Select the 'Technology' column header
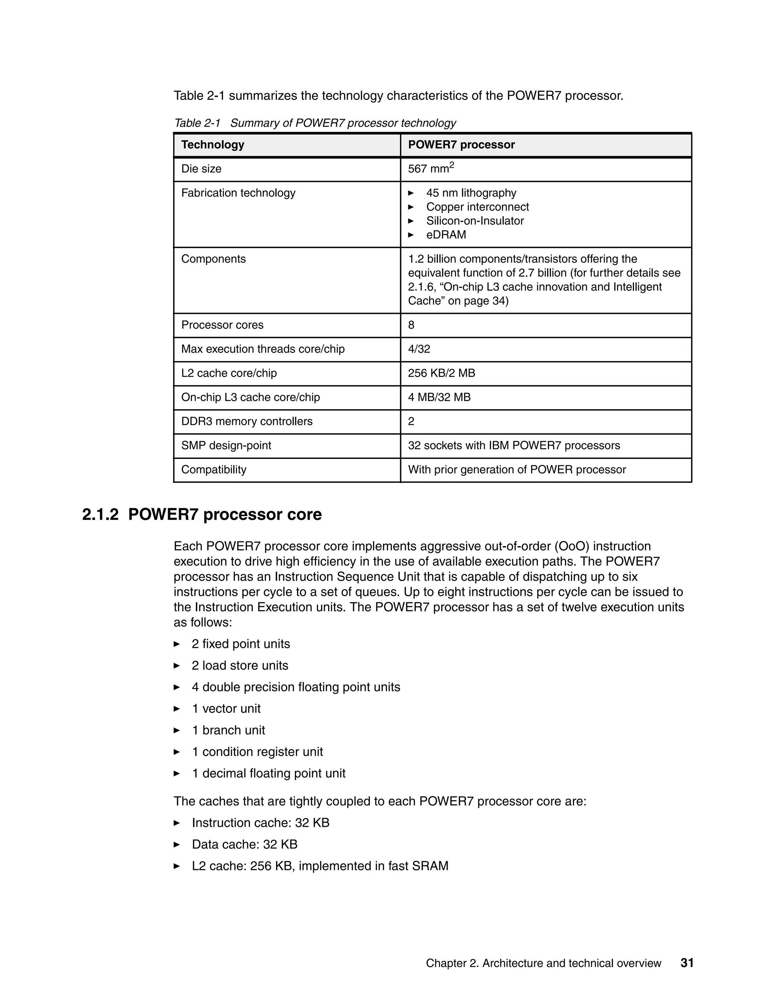213,144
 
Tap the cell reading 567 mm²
431,168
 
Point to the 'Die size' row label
201,169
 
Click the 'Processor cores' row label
222,325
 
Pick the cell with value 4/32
419,349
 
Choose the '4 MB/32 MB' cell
439,397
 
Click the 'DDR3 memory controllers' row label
247,421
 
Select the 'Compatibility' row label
214,470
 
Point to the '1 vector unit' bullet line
226,709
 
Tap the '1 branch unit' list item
228,730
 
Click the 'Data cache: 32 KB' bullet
244,845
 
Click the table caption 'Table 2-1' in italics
197,123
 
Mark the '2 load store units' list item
240,666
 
